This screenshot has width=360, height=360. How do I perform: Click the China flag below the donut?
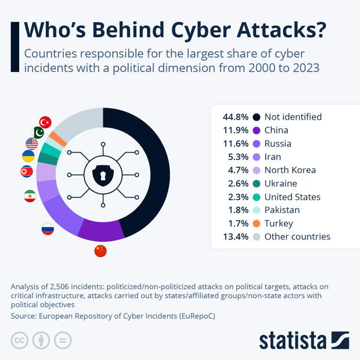click(100, 251)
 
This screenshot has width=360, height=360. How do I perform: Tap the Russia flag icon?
click(48, 229)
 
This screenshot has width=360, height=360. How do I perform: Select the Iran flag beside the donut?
click(30, 196)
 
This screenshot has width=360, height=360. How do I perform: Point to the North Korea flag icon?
click(27, 171)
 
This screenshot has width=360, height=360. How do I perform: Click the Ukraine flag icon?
click(28, 156)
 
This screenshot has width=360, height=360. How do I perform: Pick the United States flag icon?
click(32, 143)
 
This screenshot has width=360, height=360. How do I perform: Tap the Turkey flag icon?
click(45, 122)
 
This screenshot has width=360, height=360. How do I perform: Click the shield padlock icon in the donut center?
click(103, 174)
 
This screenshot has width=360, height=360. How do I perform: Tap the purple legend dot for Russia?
click(256, 143)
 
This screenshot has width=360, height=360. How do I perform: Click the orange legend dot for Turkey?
click(256, 224)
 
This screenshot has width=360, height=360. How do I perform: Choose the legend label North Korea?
click(290, 170)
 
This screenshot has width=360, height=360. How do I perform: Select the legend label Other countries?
click(297, 236)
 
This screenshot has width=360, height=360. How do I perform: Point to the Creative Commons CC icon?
click(20, 340)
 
